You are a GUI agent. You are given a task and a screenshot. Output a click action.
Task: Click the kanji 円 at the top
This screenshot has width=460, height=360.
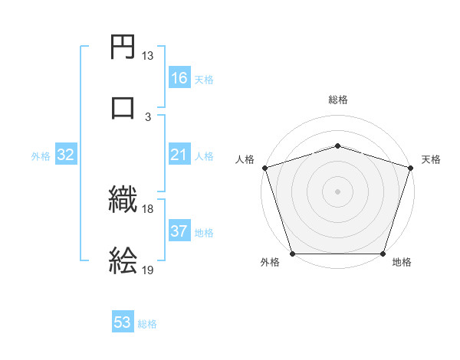(123, 49)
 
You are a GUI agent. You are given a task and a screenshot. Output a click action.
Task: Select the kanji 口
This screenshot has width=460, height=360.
(123, 106)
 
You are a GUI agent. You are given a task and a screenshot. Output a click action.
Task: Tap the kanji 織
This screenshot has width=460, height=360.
(123, 201)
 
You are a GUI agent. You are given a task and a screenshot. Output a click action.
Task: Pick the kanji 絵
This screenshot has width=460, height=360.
(123, 260)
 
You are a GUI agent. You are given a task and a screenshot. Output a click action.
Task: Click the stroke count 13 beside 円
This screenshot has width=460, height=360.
(147, 57)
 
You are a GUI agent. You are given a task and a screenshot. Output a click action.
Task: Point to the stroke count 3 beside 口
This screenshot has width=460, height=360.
(147, 116)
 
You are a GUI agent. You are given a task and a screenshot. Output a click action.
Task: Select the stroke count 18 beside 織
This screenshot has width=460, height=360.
(147, 209)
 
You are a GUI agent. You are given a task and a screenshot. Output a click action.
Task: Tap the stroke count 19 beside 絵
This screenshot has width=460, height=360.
(147, 270)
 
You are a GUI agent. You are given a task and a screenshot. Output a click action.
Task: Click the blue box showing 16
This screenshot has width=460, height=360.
(179, 78)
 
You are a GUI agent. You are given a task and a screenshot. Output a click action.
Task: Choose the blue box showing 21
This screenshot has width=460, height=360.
(179, 155)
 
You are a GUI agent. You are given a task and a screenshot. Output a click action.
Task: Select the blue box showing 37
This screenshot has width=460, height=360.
(179, 231)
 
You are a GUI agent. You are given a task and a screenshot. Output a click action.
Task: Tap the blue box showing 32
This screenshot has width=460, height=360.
(66, 155)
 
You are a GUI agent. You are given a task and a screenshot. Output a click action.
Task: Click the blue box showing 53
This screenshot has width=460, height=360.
(123, 323)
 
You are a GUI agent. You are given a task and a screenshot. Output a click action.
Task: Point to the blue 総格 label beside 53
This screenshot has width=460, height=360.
(147, 324)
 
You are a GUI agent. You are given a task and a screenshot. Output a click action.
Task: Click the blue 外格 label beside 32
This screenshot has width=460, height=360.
(41, 156)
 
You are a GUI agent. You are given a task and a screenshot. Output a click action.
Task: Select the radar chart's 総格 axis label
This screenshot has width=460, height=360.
(338, 100)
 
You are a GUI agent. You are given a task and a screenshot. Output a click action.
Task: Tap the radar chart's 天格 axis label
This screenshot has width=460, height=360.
(432, 159)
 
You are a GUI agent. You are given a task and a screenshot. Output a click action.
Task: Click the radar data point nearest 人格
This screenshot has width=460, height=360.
(265, 168)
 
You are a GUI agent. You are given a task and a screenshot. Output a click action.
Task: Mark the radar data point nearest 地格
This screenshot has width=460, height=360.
(383, 254)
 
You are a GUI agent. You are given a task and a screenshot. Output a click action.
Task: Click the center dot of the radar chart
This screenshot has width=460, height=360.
(338, 191)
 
